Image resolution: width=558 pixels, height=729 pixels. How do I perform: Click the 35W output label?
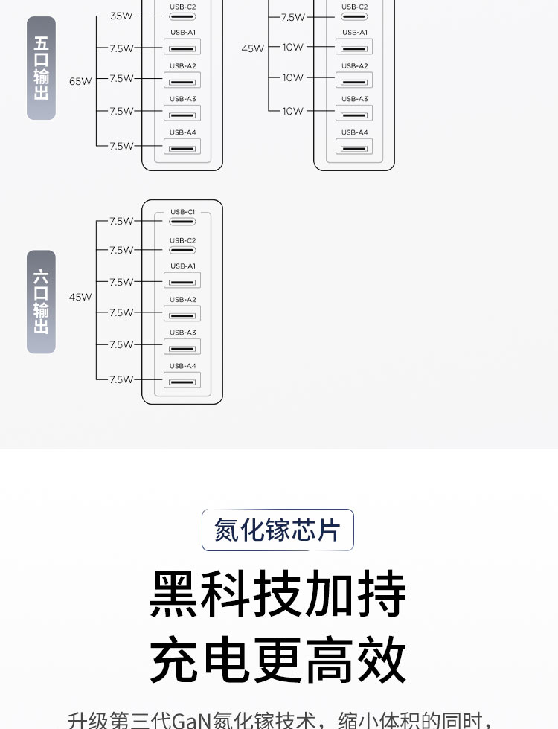tap(121, 16)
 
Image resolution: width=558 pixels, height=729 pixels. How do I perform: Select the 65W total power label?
tap(80, 81)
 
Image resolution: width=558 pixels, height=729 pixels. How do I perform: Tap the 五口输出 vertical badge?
tap(42, 68)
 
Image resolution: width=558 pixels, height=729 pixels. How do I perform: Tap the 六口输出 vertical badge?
tap(42, 301)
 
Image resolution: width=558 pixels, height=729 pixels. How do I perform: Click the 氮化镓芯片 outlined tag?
tap(278, 530)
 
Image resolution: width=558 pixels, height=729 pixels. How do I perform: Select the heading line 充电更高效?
tap(278, 660)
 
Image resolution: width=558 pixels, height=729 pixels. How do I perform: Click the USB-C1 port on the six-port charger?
tap(182, 221)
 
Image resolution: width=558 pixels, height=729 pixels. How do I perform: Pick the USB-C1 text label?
tap(182, 212)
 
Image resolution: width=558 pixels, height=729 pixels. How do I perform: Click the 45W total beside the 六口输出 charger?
tap(80, 297)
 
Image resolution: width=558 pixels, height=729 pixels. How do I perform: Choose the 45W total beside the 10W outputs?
tap(252, 48)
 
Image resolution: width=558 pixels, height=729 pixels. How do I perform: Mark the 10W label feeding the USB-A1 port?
tap(293, 47)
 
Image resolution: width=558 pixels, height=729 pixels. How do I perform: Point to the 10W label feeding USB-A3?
tap(293, 111)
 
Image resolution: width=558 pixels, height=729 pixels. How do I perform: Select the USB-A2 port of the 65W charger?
tap(182, 80)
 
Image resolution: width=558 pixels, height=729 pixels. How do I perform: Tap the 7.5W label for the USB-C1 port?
tap(121, 221)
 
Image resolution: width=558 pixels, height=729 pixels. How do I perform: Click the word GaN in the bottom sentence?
tap(191, 719)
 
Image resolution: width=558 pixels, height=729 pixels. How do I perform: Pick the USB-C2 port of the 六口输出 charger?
tap(182, 250)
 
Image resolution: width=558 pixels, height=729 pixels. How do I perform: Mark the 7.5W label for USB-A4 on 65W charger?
tap(121, 146)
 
